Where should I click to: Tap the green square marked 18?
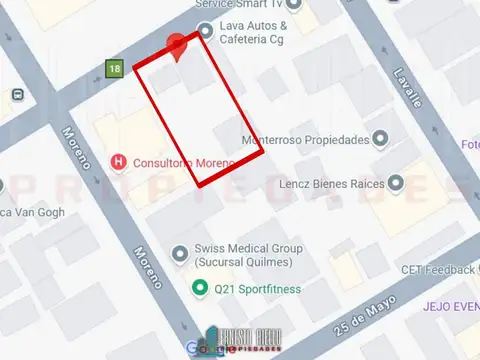116,68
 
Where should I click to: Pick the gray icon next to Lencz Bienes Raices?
396,183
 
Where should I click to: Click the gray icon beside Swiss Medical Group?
180,252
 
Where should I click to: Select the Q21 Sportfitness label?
258,290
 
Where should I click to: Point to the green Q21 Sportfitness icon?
199,290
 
